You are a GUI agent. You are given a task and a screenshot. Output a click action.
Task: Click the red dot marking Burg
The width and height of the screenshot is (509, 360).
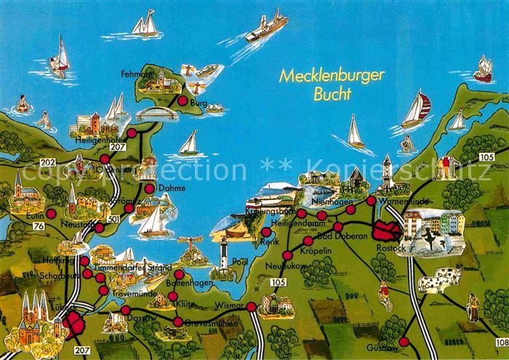click(183, 101)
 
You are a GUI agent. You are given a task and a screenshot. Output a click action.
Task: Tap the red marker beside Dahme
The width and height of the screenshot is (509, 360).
click(149, 188)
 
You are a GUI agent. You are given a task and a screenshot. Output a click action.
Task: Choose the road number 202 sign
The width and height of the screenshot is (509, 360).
click(48, 161)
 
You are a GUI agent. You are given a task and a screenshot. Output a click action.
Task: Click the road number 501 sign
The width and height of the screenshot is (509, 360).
click(113, 219)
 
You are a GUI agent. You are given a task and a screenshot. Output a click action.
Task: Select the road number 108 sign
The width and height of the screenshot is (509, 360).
click(501, 342)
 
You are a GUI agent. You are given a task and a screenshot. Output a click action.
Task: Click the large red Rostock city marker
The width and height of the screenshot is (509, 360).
click(385, 232)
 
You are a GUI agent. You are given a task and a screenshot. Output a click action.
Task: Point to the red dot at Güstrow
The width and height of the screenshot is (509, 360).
click(404, 341)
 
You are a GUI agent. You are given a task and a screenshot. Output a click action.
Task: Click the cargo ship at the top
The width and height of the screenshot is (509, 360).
click(265, 27)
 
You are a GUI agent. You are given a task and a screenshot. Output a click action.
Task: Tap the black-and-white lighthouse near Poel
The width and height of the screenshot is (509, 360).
click(225, 258)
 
